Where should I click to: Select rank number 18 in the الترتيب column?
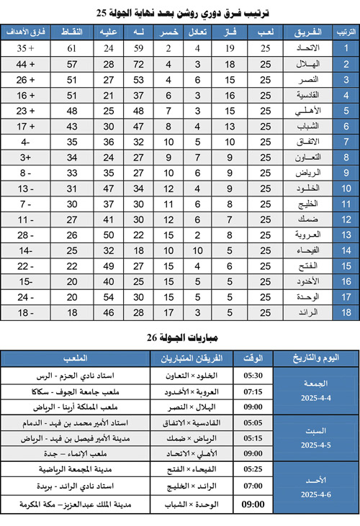pyautogui.click(x=346, y=313)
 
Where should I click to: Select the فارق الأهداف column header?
pyautogui.click(x=22, y=33)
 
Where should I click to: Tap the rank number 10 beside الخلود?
pyautogui.click(x=346, y=189)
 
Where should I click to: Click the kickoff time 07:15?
pyautogui.click(x=253, y=391)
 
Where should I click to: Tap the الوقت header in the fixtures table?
pyautogui.click(x=253, y=358)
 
